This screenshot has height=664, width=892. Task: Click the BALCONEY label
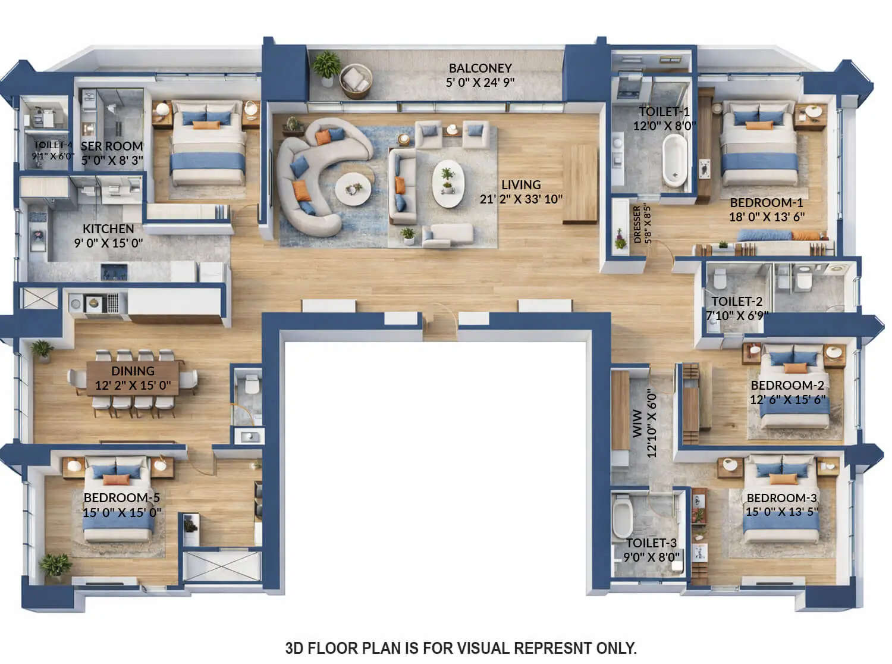coord(480,68)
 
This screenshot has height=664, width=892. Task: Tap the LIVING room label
coord(521,185)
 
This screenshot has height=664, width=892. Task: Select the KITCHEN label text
coord(108,229)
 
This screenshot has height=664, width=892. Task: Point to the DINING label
coord(133,371)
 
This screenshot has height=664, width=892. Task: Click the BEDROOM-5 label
coord(121,498)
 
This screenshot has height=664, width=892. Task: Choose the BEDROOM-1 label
coord(766,203)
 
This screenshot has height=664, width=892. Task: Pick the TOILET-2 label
coord(737,302)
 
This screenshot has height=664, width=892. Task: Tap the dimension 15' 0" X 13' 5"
coord(781,512)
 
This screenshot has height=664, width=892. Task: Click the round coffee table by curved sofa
coord(353,189)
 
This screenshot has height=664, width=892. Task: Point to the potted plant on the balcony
coord(326,65)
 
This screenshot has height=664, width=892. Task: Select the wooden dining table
coord(134,378)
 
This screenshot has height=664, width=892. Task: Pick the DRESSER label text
coord(637,224)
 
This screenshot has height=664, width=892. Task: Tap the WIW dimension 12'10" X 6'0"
coord(652,424)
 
